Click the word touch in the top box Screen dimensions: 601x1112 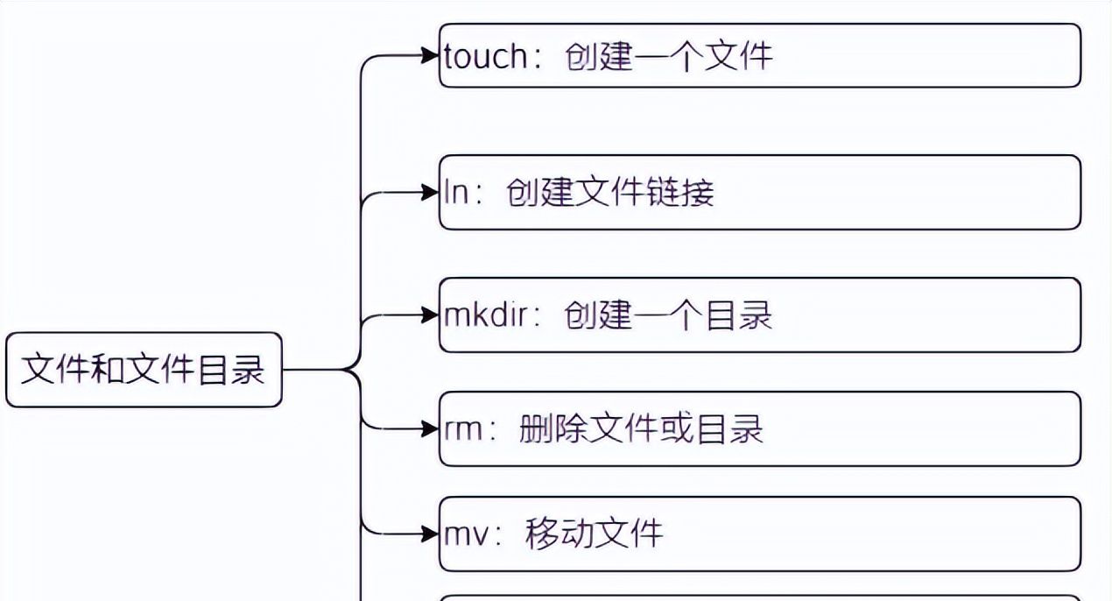[x=486, y=57]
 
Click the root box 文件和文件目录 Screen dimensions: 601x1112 [x=144, y=370]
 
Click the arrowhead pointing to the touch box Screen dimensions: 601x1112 [x=430, y=56]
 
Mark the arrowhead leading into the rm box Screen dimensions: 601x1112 [x=430, y=429]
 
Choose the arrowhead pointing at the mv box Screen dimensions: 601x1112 [x=430, y=534]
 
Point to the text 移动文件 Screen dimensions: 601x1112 [x=594, y=534]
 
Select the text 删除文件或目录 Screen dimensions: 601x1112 [x=641, y=429]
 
